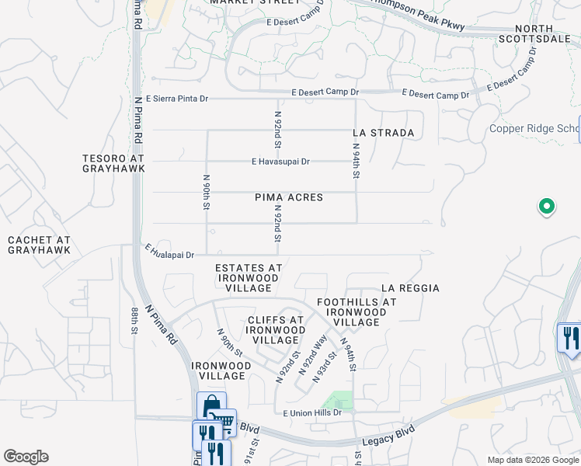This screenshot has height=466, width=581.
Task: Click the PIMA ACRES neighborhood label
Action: (x=289, y=197)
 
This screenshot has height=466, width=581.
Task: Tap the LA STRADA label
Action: (x=383, y=133)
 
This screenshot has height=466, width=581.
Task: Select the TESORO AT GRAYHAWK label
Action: (x=113, y=163)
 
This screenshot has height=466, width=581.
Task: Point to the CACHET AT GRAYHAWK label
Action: (x=39, y=245)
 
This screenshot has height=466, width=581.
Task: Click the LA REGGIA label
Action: (x=410, y=288)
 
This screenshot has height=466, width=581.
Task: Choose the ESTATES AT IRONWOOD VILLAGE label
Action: (x=249, y=278)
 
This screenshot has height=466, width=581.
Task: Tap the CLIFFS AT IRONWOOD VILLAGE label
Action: (x=275, y=330)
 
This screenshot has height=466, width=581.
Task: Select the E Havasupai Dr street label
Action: (x=280, y=162)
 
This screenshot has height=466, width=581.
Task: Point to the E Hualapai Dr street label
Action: (x=169, y=251)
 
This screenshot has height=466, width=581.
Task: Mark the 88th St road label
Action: (x=134, y=320)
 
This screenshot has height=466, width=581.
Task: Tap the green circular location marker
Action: (x=546, y=207)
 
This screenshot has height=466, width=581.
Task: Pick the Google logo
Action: (x=26, y=457)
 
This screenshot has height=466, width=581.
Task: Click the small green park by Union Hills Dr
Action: (x=338, y=401)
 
